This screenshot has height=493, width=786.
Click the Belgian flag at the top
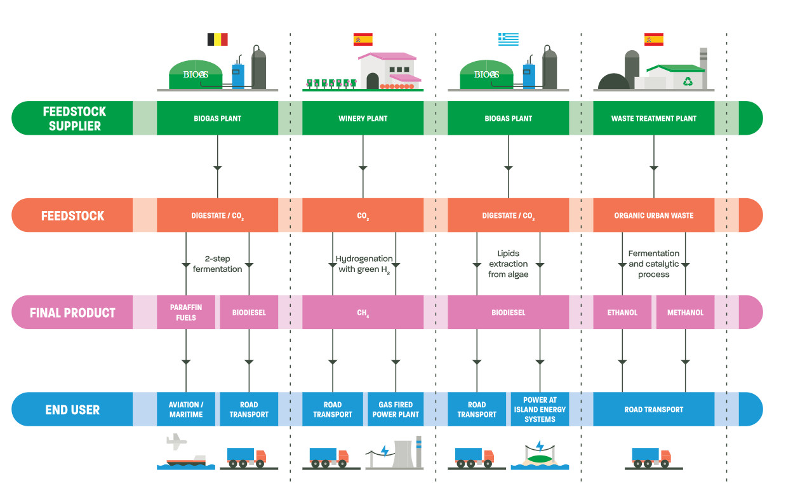[x=217, y=39]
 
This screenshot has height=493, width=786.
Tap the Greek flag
[x=508, y=39]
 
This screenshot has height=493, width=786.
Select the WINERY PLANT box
[x=363, y=118]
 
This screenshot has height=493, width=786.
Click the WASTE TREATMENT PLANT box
[x=653, y=118]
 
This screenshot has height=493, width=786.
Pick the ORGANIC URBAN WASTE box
[x=653, y=215]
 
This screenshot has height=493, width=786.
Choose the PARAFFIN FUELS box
[x=186, y=312]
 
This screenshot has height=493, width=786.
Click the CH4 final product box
[x=363, y=312]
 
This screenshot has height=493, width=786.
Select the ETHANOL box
[x=622, y=312]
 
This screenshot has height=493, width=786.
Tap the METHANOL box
[x=685, y=312]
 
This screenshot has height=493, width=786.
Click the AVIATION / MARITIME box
[x=186, y=409]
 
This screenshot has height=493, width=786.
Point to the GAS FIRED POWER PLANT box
[x=396, y=409]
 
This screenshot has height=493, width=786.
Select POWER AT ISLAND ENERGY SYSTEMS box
[x=540, y=409]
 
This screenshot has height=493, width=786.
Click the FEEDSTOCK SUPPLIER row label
[x=74, y=118]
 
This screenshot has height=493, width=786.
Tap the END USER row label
[x=72, y=409]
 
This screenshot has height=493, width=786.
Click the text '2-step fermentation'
[x=217, y=264]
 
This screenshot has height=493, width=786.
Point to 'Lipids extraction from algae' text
[x=508, y=264]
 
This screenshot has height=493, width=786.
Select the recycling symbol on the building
[x=688, y=81]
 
